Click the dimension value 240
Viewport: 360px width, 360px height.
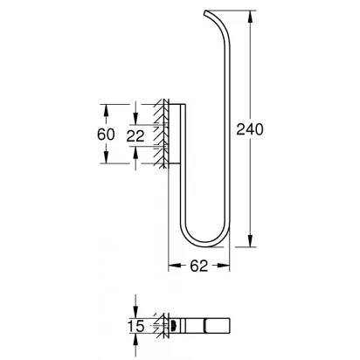(250, 129)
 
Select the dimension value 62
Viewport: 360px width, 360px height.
(199, 266)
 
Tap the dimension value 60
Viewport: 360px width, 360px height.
(106, 135)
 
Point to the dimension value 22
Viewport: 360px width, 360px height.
(135, 136)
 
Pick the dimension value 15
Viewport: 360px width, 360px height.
(136, 326)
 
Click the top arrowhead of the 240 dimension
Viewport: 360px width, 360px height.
(250, 17)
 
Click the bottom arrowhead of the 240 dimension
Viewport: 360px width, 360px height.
(250, 240)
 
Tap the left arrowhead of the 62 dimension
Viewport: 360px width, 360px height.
(175, 266)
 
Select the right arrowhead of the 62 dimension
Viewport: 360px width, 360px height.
(223, 266)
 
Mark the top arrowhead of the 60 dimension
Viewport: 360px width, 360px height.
(106, 111)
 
